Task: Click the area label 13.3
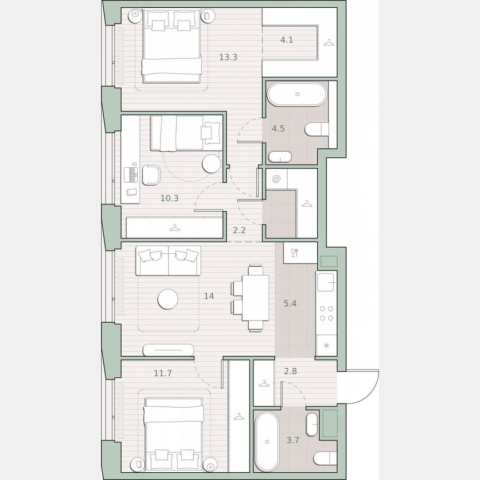point(228,57)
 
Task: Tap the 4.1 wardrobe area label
point(286,39)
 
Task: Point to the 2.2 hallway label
point(239,230)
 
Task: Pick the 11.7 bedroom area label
point(163,373)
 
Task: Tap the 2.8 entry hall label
point(290,371)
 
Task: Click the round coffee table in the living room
point(168,299)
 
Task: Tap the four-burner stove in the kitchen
point(327,314)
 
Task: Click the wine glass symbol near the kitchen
point(294,253)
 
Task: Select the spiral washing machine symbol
point(277,179)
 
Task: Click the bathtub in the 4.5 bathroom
point(297,94)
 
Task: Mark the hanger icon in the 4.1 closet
point(329,42)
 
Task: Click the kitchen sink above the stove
point(327,281)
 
